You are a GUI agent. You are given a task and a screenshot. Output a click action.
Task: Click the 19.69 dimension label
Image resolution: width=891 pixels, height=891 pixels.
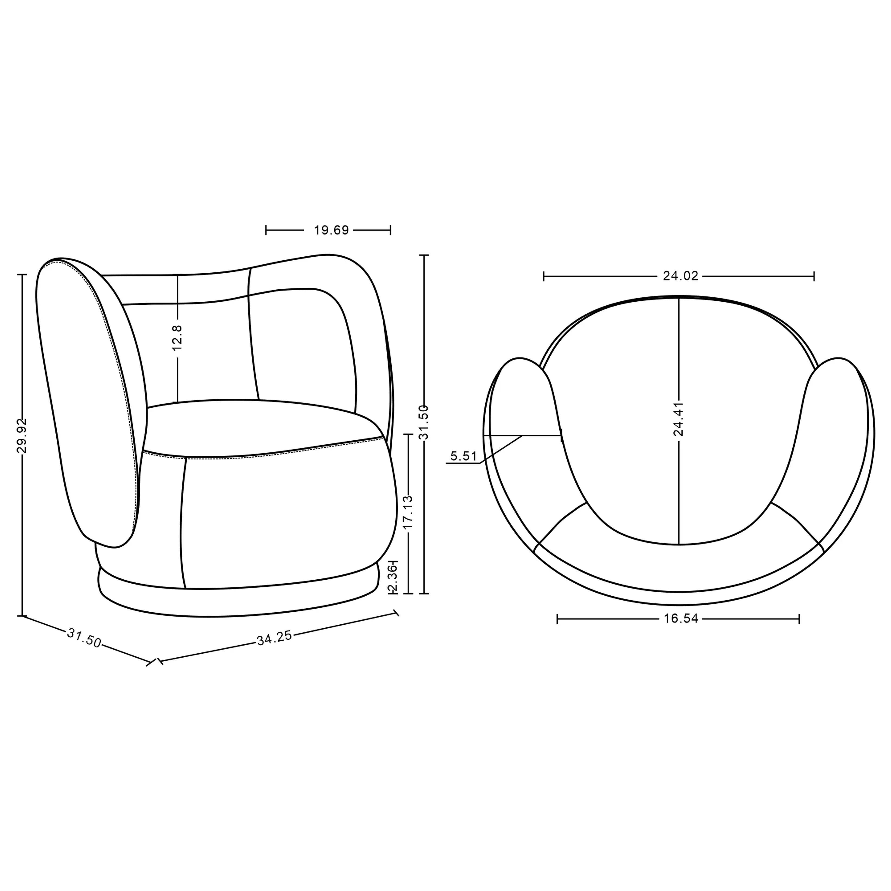point(331,230)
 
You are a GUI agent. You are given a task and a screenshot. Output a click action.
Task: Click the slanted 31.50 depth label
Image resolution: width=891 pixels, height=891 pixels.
point(84,638)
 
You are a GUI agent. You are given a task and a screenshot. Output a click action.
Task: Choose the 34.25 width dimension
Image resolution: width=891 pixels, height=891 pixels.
point(274,638)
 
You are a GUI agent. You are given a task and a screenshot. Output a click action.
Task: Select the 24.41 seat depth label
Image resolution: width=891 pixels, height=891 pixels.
point(678,419)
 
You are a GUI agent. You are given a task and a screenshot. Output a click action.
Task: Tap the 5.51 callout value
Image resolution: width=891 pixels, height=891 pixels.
point(464,456)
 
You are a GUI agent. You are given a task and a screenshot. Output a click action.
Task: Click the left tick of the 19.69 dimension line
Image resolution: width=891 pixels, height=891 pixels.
point(266,230)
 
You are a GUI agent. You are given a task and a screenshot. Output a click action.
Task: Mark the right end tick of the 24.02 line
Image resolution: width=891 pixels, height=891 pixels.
point(814,276)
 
